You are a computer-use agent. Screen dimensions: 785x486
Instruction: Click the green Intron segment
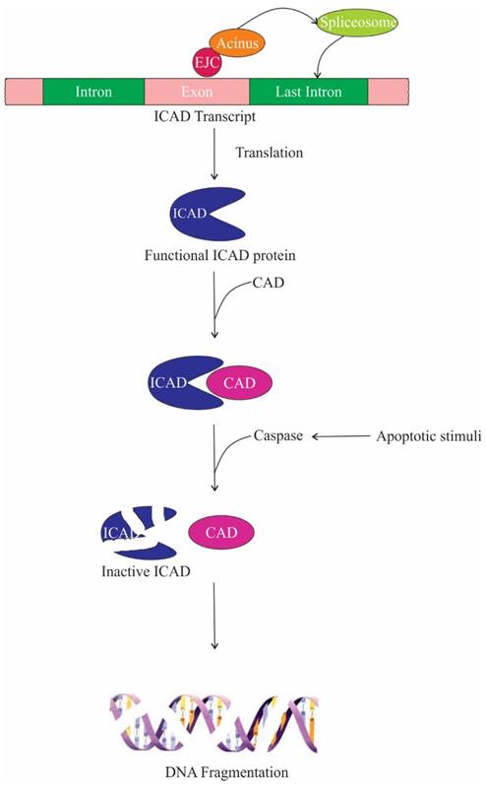tap(93, 93)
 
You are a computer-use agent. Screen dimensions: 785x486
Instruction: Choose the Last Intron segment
tap(309, 93)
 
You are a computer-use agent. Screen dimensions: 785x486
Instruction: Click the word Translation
tap(270, 154)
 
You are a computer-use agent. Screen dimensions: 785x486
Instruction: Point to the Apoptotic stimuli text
tap(418, 434)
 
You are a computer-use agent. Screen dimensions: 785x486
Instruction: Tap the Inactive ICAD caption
tap(146, 570)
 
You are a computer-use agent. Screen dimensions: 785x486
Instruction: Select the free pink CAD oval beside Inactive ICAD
tap(222, 532)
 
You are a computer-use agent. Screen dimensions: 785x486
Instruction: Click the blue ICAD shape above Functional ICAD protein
tap(197, 216)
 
